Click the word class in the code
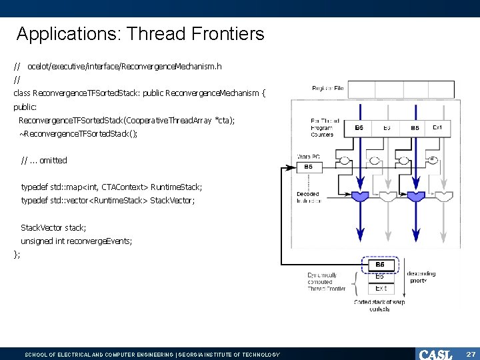tap(21, 93)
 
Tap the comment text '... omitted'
tap(48, 160)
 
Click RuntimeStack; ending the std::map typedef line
tap(176, 187)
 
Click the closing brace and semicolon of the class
tap(17, 254)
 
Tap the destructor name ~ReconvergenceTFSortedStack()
tap(79, 133)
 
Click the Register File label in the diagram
tap(328, 89)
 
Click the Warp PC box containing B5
tap(309, 167)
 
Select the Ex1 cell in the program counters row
tap(437, 127)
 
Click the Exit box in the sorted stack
tap(381, 289)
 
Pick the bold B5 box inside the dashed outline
tap(380, 265)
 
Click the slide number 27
tap(470, 354)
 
